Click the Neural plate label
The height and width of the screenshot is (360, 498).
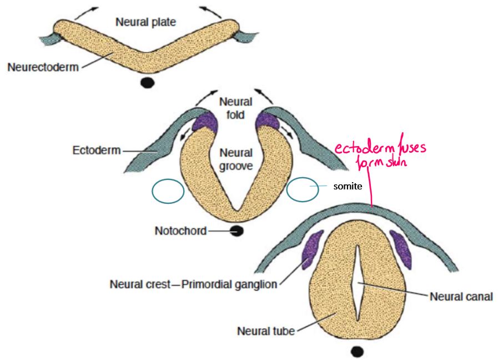pos(145,23)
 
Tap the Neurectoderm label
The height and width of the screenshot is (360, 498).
pos(43,68)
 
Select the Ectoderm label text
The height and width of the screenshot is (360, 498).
pos(97,150)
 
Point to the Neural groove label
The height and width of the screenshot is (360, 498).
pos(235,159)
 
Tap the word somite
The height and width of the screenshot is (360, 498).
pos(347,186)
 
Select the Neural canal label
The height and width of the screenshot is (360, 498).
pos(461,296)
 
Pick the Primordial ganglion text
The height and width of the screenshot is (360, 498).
pos(229,285)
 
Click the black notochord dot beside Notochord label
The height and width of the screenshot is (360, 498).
pos(237,231)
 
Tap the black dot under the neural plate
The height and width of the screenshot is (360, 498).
pos(147,83)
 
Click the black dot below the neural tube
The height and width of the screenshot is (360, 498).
pos(357,351)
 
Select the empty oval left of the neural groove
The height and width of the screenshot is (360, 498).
pos(168,191)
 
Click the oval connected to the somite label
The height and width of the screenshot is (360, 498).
pos(303,189)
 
